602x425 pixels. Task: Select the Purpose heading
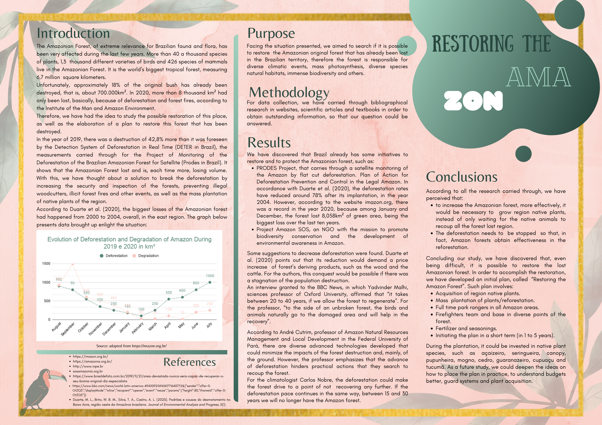(x=271, y=33)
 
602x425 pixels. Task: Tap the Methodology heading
(x=289, y=92)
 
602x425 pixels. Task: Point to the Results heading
(x=269, y=143)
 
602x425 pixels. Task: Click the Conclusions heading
(x=461, y=177)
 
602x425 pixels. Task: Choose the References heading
(x=190, y=362)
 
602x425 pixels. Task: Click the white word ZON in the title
(x=473, y=101)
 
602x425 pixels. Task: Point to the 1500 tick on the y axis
(x=46, y=264)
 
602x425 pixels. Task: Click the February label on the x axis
(x=138, y=328)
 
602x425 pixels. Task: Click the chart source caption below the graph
(x=131, y=346)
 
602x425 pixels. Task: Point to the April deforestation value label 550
(x=169, y=292)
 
